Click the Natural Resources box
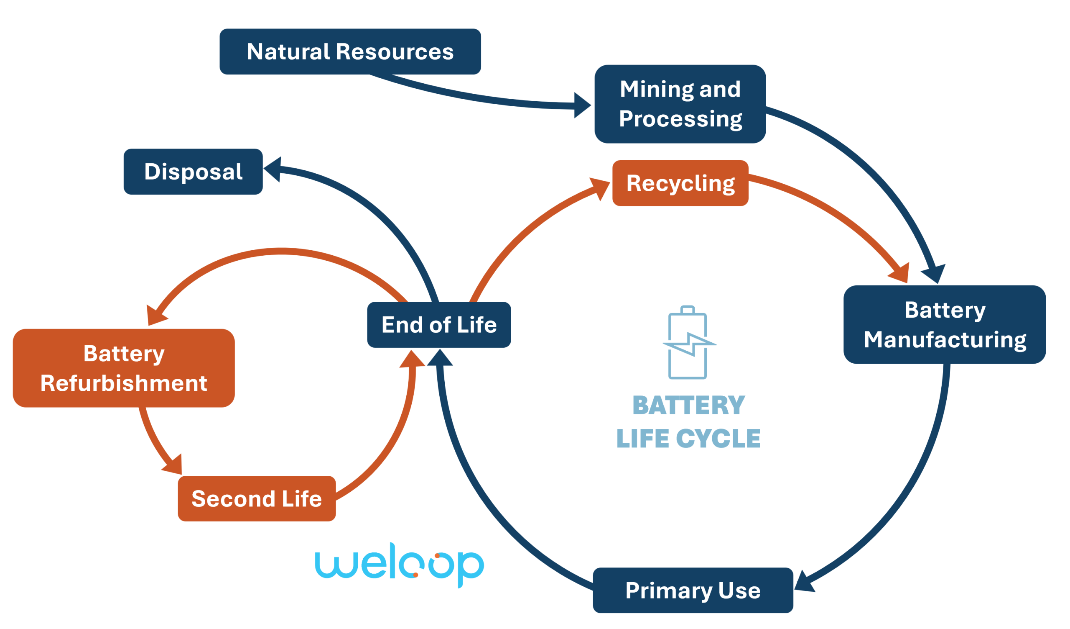pyautogui.click(x=350, y=51)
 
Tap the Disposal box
pyautogui.click(x=193, y=171)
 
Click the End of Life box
pyautogui.click(x=438, y=324)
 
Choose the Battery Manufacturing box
pyautogui.click(x=944, y=324)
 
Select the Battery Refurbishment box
pyautogui.click(x=124, y=367)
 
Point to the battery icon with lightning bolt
pyautogui.click(x=688, y=342)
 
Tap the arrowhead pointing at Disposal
pyautogui.click(x=273, y=169)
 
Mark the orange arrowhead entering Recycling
pyautogui.click(x=599, y=187)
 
